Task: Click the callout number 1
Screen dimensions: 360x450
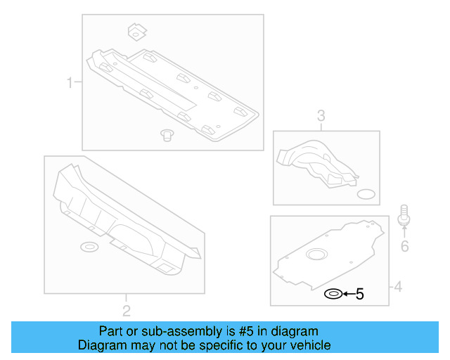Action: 70,84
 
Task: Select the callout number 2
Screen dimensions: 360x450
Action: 126,310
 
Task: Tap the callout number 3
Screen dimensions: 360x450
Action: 321,116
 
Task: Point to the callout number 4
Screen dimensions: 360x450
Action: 397,287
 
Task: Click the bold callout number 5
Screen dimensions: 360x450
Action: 359,295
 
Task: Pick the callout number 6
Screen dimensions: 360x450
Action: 404,246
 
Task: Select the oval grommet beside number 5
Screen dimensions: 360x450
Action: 333,294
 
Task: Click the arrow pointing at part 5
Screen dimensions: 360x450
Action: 347,295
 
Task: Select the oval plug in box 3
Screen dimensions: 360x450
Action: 366,193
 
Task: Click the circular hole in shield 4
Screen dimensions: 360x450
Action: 317,254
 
